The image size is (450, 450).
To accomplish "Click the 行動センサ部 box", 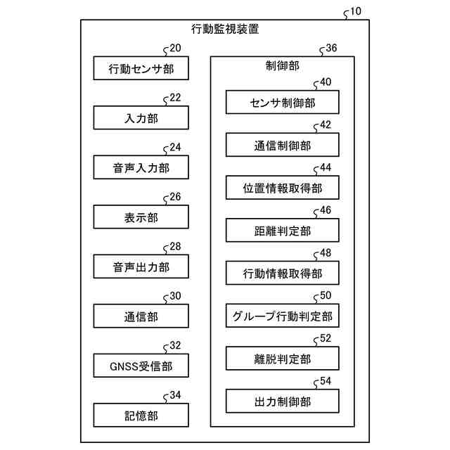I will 141,69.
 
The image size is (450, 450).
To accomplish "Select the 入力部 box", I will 141,118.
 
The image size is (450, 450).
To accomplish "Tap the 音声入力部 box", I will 141,168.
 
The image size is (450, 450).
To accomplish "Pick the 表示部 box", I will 141,217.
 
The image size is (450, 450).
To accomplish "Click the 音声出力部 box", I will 141,267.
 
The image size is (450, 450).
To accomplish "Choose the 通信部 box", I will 141,316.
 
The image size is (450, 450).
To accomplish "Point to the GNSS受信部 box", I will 141,366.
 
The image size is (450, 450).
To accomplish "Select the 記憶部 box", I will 141,416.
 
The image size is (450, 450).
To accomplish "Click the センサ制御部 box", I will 282,103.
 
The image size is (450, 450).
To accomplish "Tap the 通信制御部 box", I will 282,146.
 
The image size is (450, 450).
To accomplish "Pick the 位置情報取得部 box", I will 282,188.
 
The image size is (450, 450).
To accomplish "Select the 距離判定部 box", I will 282,231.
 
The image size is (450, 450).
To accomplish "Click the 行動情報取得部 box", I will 282,273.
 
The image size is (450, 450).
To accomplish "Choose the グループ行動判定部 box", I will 282,316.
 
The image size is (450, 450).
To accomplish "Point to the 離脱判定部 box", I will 282,359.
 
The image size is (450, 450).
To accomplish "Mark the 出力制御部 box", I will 282,401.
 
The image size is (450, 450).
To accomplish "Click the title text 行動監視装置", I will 224,30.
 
